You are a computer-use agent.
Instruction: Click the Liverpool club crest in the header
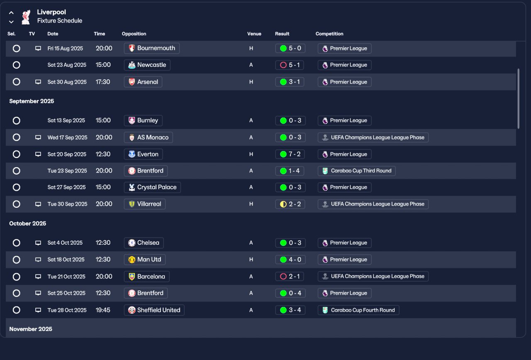point(26,17)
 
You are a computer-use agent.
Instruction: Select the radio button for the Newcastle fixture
point(16,65)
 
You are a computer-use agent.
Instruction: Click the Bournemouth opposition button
point(152,48)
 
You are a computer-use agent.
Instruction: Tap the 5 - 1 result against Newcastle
point(290,65)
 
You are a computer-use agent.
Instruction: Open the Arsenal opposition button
point(143,82)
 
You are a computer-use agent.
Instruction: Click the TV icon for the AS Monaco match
point(38,137)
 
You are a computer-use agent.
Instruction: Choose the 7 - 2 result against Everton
point(290,154)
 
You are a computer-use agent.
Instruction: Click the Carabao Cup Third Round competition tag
point(356,171)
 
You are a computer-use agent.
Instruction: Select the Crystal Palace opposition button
point(152,187)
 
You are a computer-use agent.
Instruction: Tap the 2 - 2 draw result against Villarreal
point(290,204)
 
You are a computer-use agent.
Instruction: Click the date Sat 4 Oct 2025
point(65,243)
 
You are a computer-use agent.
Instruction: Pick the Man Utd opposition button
point(144,260)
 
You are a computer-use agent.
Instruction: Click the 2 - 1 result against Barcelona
point(290,277)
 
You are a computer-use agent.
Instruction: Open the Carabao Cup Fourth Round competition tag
point(358,310)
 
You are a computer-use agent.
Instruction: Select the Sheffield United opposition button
point(154,310)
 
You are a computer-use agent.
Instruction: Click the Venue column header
point(254,34)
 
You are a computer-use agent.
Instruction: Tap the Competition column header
point(329,34)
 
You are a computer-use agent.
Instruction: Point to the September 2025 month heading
point(32,101)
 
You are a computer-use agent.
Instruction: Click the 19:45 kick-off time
point(103,310)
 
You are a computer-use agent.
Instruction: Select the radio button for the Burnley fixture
point(16,121)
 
